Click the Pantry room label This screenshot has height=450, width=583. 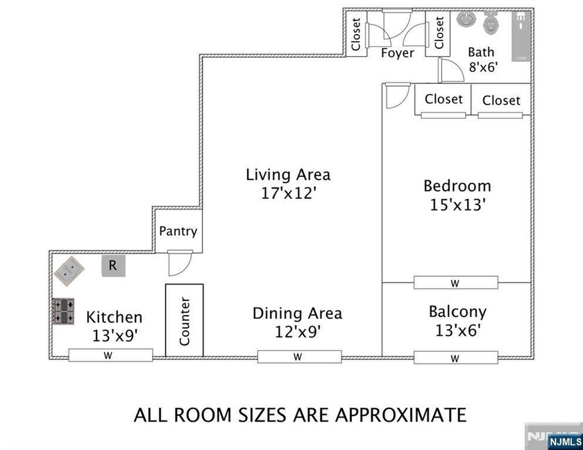pos(178,232)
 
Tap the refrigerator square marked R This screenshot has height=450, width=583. pos(113,266)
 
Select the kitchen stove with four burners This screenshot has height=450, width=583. pos(64,311)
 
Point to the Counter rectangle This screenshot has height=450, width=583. pos(185,320)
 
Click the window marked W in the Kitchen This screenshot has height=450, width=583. pos(110,356)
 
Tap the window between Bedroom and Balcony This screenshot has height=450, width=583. pos(455,283)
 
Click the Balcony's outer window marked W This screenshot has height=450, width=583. pos(455,358)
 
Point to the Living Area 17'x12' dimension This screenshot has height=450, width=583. pos(287,193)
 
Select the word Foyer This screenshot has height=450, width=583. pos(398,53)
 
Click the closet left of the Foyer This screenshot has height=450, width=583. pos(357,35)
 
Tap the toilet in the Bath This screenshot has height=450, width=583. pos(491,24)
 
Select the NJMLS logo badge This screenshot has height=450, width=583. pos(564,441)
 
